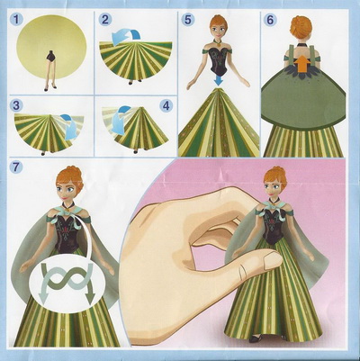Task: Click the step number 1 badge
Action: click(x=17, y=20)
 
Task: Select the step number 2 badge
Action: click(x=105, y=20)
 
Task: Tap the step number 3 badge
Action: click(x=16, y=105)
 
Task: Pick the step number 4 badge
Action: click(x=166, y=105)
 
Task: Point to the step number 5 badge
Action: click(x=188, y=20)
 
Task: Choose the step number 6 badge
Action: click(x=270, y=20)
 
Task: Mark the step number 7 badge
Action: click(x=16, y=167)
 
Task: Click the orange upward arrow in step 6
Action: click(x=301, y=65)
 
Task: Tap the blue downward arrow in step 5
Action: click(x=220, y=79)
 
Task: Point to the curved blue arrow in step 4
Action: click(x=119, y=119)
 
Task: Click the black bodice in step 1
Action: click(x=51, y=57)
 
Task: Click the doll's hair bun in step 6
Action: click(x=301, y=26)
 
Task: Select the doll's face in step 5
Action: click(x=218, y=29)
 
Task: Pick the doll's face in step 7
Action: click(x=67, y=191)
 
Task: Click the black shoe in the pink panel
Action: click(x=256, y=338)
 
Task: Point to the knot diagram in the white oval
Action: click(x=67, y=278)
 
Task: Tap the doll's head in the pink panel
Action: click(x=274, y=184)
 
